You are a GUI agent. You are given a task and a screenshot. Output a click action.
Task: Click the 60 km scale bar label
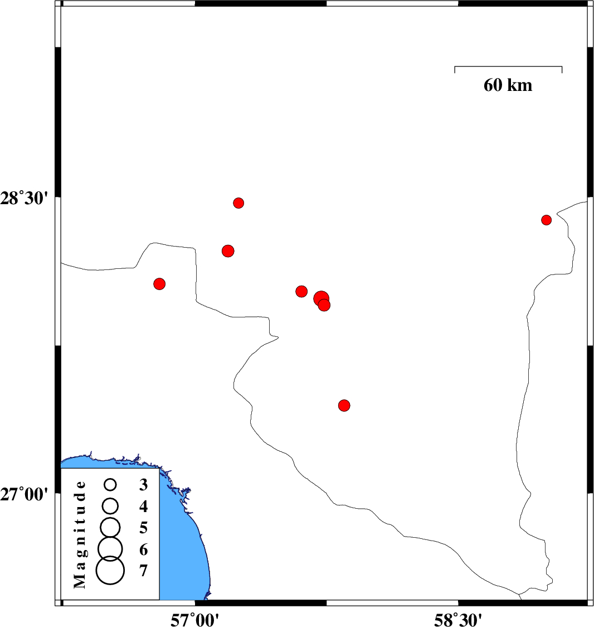coord(508,85)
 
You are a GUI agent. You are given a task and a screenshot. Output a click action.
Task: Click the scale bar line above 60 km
coord(508,66)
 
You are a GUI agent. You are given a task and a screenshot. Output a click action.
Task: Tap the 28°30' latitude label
coord(24,199)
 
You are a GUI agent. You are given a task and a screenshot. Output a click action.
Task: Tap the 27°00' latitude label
coord(24,495)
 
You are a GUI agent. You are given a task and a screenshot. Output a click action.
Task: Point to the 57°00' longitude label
coord(194,619)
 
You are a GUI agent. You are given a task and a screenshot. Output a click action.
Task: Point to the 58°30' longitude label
coord(458,619)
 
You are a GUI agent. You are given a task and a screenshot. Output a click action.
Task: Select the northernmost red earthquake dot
coord(238,203)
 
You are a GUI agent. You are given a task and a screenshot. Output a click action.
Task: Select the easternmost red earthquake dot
coord(547,220)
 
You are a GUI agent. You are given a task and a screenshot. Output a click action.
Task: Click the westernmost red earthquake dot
coord(159,284)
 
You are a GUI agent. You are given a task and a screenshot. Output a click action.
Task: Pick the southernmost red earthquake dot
coord(344,406)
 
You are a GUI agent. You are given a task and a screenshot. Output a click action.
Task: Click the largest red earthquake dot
coord(321,298)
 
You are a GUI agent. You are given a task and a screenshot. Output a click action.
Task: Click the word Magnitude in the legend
coord(80,534)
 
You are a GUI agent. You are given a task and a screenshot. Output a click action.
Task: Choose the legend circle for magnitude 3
coord(110,485)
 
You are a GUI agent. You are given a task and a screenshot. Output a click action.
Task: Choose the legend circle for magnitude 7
coord(110,570)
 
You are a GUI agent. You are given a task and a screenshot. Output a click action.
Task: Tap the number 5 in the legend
coord(143,528)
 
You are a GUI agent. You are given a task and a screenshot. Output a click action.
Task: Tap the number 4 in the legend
coord(143,507)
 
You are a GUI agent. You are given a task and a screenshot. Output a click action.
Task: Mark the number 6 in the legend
coord(143,550)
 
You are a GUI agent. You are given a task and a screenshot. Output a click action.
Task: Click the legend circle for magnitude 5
coord(110,527)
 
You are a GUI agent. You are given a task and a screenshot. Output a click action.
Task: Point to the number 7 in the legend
coord(143,571)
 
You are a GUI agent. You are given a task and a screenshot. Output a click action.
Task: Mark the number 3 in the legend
coord(143,485)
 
